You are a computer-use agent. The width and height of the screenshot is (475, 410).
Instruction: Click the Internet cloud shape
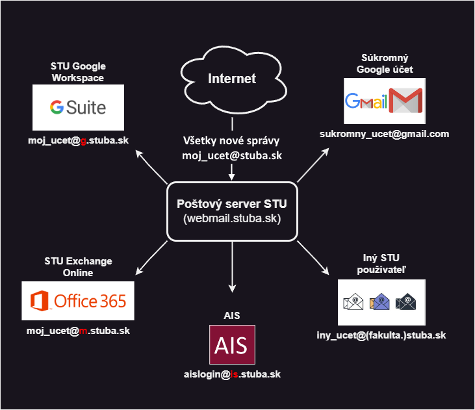[232, 80]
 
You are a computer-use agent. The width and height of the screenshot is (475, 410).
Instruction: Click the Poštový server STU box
[232, 211]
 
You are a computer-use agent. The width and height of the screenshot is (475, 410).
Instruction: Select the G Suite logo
[79, 107]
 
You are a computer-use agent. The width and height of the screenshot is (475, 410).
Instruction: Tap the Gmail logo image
[384, 101]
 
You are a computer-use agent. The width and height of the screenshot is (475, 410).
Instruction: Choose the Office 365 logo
[78, 301]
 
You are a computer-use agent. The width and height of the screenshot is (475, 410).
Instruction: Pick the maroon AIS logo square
[232, 344]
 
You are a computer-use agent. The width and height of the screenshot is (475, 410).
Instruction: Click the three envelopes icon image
[381, 302]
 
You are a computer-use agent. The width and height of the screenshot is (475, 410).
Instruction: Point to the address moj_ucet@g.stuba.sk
[78, 141]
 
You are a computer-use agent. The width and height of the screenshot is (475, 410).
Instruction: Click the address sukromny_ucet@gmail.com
[385, 134]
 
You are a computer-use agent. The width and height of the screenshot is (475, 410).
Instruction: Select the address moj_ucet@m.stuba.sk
[78, 331]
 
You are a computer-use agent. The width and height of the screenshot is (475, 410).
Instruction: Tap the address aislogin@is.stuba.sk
[232, 375]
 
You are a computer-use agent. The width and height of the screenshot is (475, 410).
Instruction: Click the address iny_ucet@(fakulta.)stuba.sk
[382, 335]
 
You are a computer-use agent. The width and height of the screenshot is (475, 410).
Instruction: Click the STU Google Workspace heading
[78, 72]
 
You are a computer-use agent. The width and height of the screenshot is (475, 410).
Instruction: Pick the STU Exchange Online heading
[78, 267]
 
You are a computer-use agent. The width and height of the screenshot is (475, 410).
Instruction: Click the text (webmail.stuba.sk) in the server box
[232, 219]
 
